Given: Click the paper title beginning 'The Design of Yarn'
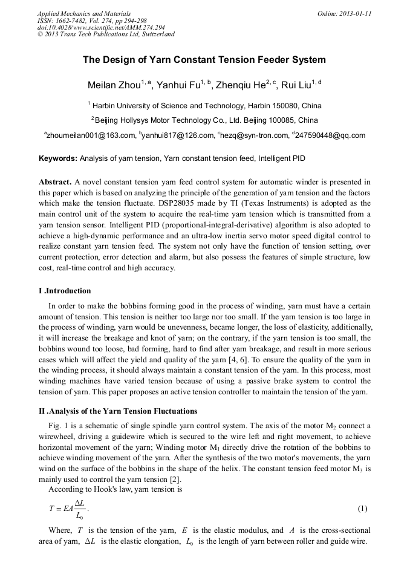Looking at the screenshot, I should coord(204,60).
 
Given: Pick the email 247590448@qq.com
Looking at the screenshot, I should coord(330,135).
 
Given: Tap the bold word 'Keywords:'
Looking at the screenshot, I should coord(58,159).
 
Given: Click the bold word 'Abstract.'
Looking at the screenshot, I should coord(56,182).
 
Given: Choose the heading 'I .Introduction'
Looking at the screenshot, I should coord(65,291).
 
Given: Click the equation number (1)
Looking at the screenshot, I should coord(363,508).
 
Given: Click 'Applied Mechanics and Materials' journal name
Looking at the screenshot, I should coord(84,13).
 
